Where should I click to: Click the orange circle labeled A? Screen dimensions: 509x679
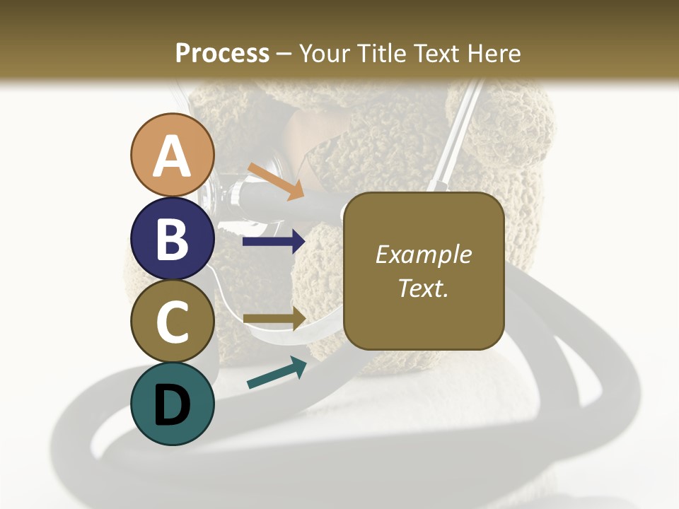click(172, 155)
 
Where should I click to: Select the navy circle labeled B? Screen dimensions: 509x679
click(172, 238)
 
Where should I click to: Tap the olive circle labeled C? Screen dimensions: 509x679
click(172, 321)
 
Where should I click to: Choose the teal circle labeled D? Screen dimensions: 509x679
click(172, 404)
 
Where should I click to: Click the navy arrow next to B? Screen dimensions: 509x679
click(274, 242)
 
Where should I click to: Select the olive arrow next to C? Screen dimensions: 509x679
click(274, 319)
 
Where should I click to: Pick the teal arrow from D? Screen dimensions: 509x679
click(277, 373)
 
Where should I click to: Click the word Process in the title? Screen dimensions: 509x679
click(222, 53)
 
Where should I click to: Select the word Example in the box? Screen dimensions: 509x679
click(423, 255)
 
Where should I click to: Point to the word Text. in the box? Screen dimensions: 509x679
click(423, 288)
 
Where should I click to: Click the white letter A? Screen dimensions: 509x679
click(172, 156)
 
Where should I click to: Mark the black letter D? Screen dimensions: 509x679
click(172, 405)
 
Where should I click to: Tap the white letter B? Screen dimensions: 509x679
click(172, 239)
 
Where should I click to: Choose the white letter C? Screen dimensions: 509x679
click(172, 322)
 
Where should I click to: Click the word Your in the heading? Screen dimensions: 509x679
click(325, 53)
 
